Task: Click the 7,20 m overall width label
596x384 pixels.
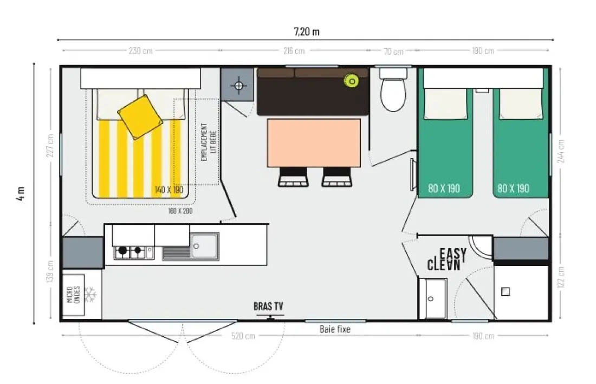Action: (x=307, y=31)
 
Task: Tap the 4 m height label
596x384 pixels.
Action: (x=21, y=193)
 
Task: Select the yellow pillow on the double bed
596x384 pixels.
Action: (x=140, y=117)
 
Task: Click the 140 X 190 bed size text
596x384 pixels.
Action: (x=169, y=190)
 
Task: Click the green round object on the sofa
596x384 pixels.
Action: (x=352, y=81)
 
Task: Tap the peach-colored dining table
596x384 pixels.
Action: (x=314, y=143)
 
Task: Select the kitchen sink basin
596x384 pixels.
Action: (x=204, y=246)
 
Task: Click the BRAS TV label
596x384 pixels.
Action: (x=268, y=306)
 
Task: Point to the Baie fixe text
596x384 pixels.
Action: (x=335, y=329)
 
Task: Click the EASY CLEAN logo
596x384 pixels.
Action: (x=447, y=259)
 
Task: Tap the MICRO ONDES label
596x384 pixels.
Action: (x=73, y=294)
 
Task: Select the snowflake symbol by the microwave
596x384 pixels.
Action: (x=90, y=295)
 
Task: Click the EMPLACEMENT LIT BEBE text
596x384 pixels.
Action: (x=209, y=142)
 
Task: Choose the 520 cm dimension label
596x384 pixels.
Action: (x=243, y=336)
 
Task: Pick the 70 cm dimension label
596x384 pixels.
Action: (x=393, y=51)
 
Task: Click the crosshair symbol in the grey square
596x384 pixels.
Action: (x=239, y=86)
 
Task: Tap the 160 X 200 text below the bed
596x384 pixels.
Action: (x=180, y=211)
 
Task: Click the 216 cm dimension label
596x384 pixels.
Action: (x=294, y=50)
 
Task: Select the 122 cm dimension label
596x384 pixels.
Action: (x=561, y=277)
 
